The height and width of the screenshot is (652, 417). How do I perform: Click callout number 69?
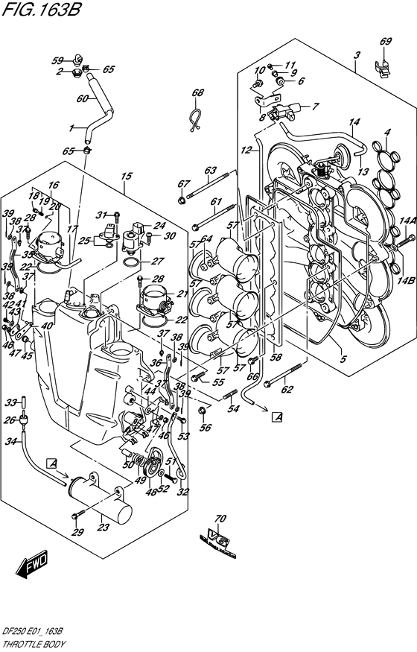click(386, 41)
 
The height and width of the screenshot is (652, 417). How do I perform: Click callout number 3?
click(357, 56)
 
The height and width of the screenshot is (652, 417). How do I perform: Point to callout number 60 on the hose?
click(83, 98)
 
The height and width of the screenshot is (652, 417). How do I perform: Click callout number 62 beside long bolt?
click(288, 388)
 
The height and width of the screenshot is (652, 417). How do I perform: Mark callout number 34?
click(11, 443)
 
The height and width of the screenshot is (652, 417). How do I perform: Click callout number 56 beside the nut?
click(206, 427)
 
